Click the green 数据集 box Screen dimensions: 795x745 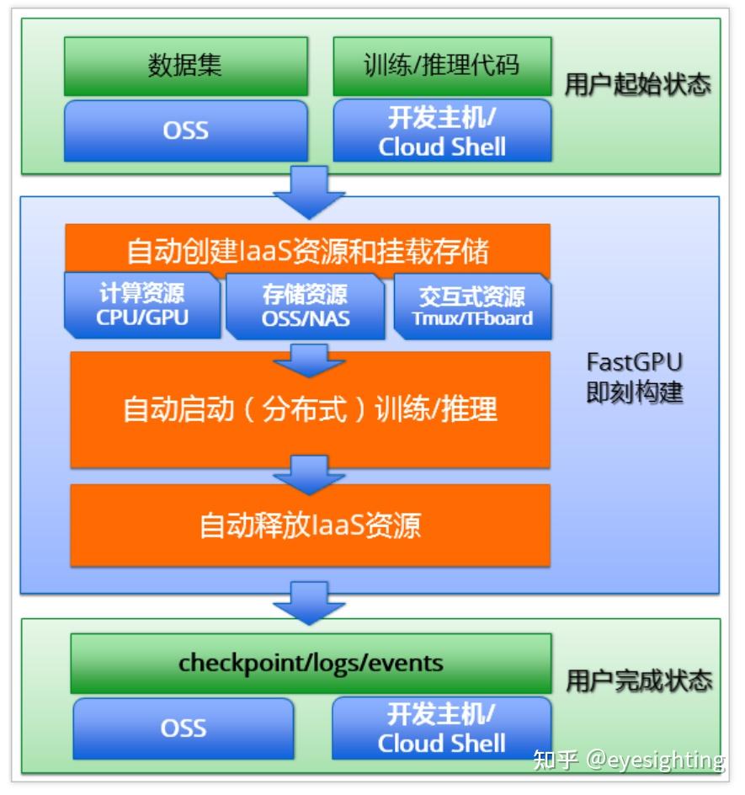[x=185, y=66]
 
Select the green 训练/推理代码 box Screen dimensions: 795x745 [x=442, y=66]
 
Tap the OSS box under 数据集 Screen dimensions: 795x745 [x=185, y=131]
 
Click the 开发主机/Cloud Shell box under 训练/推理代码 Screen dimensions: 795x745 [x=442, y=131]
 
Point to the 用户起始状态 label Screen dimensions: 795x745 [x=637, y=85]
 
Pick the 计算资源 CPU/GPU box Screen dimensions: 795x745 [x=142, y=305]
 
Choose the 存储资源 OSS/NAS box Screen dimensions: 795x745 [x=305, y=306]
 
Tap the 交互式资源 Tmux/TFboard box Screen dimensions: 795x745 [x=472, y=307]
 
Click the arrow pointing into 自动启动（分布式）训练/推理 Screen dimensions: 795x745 [x=310, y=360]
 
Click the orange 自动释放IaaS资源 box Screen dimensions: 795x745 [x=310, y=526]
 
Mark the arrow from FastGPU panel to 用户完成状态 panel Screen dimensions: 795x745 [x=310, y=602]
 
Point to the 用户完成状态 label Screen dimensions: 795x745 [x=639, y=680]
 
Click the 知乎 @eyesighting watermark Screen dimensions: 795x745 [x=629, y=760]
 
